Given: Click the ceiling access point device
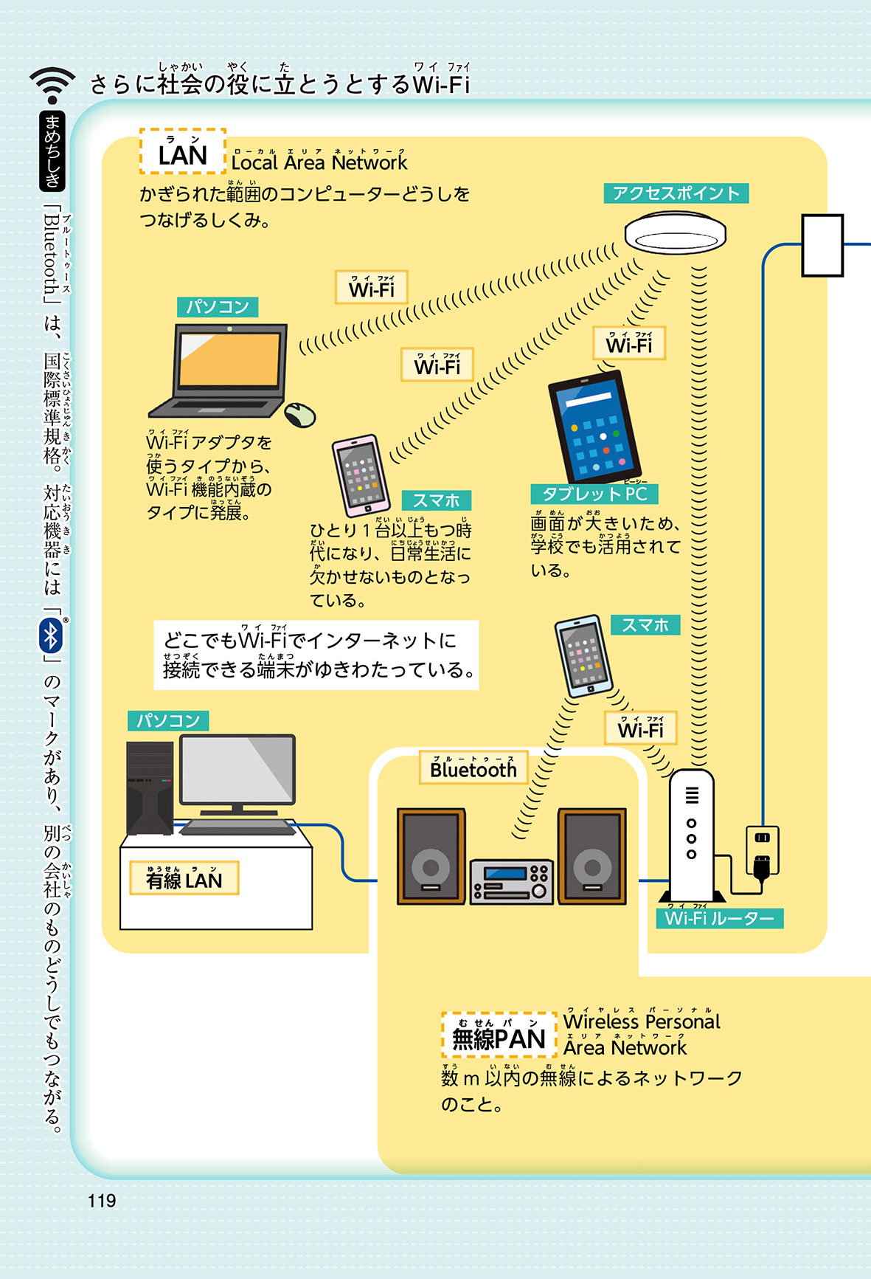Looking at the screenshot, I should coord(675,233).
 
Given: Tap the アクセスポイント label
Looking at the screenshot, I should coord(676,193).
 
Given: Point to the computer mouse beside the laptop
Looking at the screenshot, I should coord(300,415).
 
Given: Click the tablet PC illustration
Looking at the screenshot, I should coord(596,427).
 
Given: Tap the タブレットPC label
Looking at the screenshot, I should coord(594,494).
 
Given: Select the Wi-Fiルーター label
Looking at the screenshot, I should coord(719,918).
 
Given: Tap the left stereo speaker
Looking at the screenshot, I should coord(431,856).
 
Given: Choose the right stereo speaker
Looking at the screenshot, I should coord(592,856).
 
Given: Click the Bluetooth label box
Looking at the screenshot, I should coord(473,768).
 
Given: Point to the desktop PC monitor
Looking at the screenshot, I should coord(237,770).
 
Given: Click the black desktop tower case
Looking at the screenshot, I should coord(150,787).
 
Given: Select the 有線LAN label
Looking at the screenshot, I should coord(184,878).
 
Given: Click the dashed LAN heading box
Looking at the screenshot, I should coord(183,152).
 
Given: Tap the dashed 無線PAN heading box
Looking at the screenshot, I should coord(499,1035).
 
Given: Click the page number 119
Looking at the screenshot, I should coord(102,1200).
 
